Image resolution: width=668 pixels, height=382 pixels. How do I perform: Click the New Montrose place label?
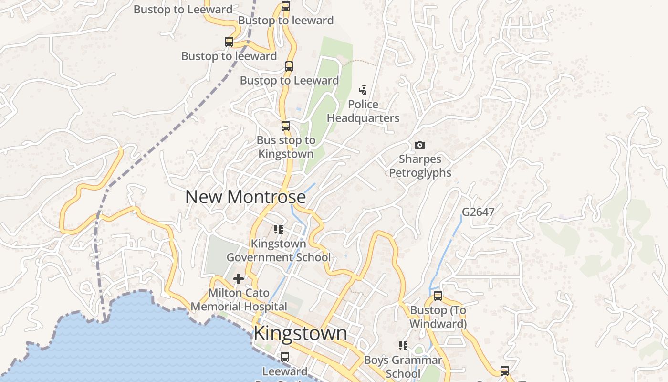click(x=245, y=197)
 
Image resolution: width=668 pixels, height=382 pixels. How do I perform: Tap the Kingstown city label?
click(x=300, y=333)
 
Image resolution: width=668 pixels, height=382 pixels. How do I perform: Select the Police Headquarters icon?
click(x=363, y=90)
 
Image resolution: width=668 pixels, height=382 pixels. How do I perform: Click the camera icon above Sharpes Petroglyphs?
click(x=420, y=145)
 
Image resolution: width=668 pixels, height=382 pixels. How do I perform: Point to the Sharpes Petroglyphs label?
click(x=420, y=166)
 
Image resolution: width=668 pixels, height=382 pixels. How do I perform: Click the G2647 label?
click(x=478, y=212)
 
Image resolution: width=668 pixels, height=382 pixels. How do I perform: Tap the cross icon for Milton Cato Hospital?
click(x=239, y=278)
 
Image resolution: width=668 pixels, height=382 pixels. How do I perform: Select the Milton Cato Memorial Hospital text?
click(x=239, y=299)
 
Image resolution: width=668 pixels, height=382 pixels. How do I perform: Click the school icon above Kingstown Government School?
click(x=279, y=230)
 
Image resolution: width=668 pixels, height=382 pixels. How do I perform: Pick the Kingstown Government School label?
click(x=279, y=250)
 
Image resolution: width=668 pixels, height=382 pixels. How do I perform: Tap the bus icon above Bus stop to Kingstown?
click(x=286, y=126)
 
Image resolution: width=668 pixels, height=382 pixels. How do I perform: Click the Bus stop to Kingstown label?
click(x=286, y=147)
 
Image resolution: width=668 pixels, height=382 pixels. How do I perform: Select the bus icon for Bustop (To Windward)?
click(x=438, y=296)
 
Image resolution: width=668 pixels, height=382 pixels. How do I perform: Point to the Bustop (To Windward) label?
click(x=438, y=317)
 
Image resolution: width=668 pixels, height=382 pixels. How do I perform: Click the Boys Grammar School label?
click(x=403, y=366)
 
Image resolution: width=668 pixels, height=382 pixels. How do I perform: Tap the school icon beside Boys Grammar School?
click(x=403, y=345)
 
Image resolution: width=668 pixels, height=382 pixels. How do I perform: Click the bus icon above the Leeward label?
click(x=285, y=357)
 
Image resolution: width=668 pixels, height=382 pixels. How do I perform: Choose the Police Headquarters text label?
click(x=363, y=111)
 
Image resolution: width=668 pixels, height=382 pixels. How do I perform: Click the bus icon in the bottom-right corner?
click(x=505, y=371)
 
